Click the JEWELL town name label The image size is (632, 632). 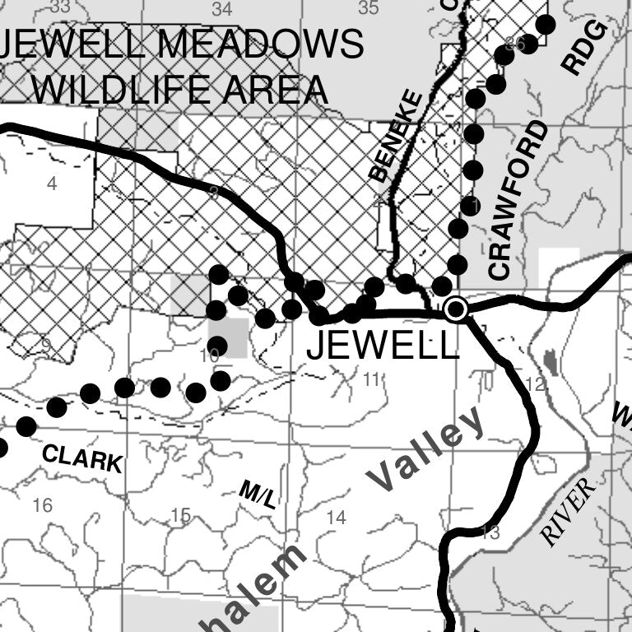pyautogui.click(x=382, y=346)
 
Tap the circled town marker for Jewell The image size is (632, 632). pyautogui.click(x=455, y=309)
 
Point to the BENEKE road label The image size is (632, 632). pyautogui.click(x=396, y=137)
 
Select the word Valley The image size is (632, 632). pyautogui.click(x=427, y=449)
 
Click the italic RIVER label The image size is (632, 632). pyautogui.click(x=568, y=511)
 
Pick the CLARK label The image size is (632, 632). pyautogui.click(x=81, y=458)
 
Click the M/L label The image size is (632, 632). pyautogui.click(x=258, y=495)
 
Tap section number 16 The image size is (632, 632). pyautogui.click(x=42, y=505)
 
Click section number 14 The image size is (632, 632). pyautogui.click(x=336, y=518)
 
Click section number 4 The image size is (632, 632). pyautogui.click(x=52, y=184)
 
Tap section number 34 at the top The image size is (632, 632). pyautogui.click(x=221, y=9)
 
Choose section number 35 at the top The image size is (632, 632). pyautogui.click(x=369, y=8)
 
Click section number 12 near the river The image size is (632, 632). pyautogui.click(x=535, y=383)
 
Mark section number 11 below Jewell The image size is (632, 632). pyautogui.click(x=372, y=379)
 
